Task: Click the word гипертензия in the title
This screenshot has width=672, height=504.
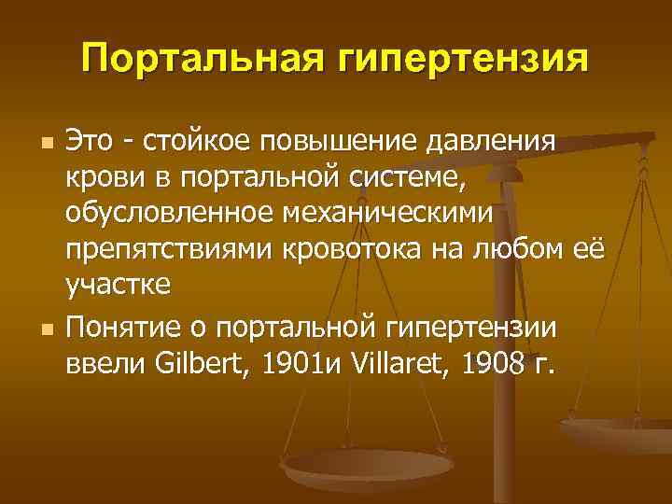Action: point(463,58)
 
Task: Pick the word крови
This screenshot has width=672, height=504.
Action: point(99,177)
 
